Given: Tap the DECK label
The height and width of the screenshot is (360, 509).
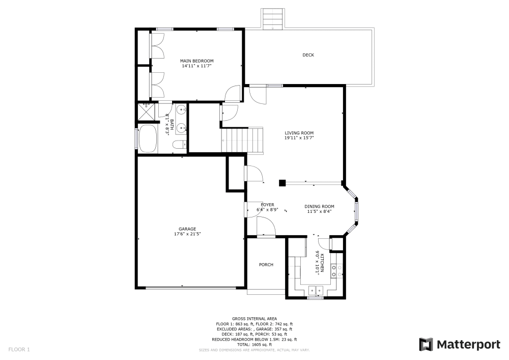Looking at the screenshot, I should (x=308, y=55).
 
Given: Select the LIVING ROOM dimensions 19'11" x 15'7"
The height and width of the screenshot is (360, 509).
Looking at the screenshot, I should (x=299, y=137).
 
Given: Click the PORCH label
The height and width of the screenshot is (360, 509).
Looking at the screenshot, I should (x=266, y=264).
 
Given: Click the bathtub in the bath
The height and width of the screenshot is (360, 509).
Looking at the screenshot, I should (x=147, y=138).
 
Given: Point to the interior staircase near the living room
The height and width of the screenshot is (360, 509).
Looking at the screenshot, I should (x=244, y=140).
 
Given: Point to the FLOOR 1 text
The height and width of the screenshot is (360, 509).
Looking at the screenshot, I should (x=19, y=349).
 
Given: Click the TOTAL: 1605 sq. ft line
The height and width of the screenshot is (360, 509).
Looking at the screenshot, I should (x=254, y=345).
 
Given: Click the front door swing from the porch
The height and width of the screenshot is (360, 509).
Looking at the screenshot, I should (x=265, y=227).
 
